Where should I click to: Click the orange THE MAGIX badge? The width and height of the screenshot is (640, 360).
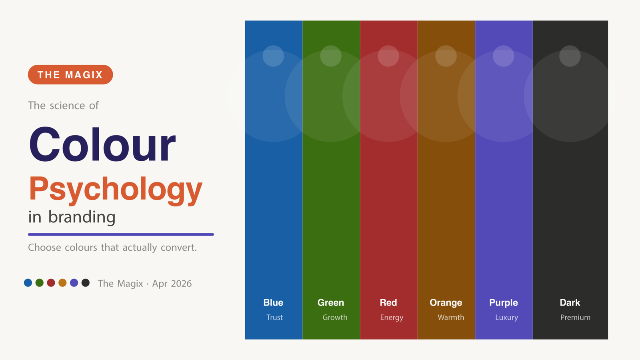coord(70,75)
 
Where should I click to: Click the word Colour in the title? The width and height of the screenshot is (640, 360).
coord(102,144)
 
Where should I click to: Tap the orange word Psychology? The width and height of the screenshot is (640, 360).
coord(116,189)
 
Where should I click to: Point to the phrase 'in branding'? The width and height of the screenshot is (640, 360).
coord(72,217)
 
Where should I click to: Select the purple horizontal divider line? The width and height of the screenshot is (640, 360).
coord(121,234)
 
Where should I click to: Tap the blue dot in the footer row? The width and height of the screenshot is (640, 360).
coord(28,283)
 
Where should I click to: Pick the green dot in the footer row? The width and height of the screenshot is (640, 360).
coord(40,283)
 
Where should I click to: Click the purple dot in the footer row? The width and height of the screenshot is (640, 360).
coord(74,283)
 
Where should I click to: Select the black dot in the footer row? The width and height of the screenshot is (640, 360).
coord(86,283)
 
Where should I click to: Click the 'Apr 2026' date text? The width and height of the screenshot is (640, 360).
coord(172,284)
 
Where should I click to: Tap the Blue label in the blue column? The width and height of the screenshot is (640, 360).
coord(273,303)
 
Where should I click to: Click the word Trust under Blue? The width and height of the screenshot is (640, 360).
coord(274,317)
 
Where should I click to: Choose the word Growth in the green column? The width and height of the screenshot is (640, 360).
coord(335,317)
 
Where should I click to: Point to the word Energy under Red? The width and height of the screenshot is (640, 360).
coord(392,317)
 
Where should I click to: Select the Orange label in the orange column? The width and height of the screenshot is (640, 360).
coord(446,303)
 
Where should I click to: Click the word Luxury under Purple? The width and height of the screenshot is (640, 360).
coord(506,317)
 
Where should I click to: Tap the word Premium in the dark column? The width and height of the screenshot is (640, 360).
coord(575,317)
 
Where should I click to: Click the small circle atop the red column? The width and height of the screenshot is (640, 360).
coord(388,56)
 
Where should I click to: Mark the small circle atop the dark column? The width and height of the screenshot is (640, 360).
coord(570,56)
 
